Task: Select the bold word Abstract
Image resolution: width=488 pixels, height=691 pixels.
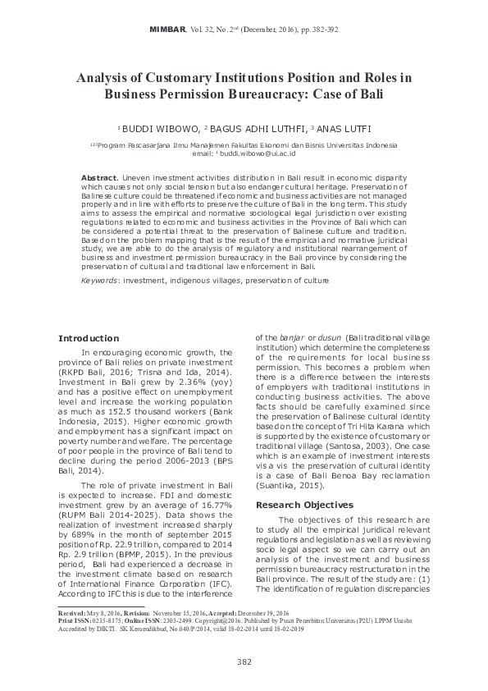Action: point(99,178)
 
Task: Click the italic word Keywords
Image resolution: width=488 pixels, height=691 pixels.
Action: point(98,280)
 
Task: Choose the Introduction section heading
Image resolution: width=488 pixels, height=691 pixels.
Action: point(89,338)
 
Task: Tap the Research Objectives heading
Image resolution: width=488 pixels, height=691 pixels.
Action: point(305,482)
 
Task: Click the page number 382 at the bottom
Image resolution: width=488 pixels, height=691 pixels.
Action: point(244,661)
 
